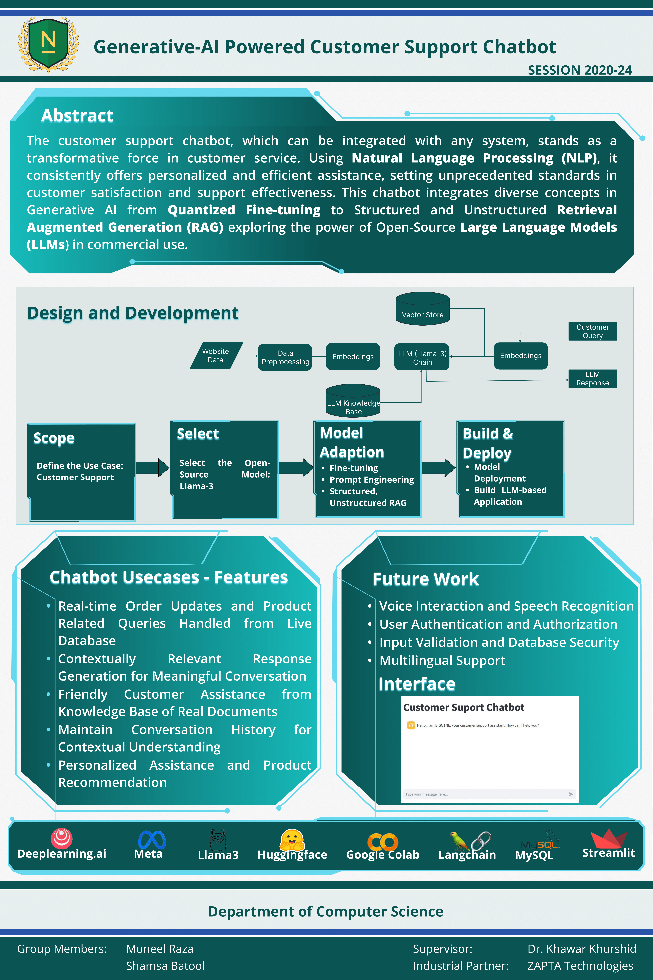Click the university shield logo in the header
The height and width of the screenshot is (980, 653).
[x=48, y=44]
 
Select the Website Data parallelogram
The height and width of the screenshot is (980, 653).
[x=216, y=355]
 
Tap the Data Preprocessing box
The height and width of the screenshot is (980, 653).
[x=285, y=357]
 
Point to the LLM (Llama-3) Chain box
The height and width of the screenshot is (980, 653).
[x=422, y=357]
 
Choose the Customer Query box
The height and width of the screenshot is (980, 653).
[x=593, y=331]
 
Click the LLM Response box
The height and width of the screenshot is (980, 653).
[x=593, y=379]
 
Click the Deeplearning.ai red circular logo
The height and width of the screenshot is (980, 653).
[x=62, y=838]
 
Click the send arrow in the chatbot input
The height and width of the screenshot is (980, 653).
[x=571, y=794]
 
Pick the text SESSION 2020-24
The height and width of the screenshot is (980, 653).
[x=580, y=70]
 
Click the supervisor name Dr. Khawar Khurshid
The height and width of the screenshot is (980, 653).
[x=582, y=949]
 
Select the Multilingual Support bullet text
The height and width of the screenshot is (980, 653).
[x=442, y=660]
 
